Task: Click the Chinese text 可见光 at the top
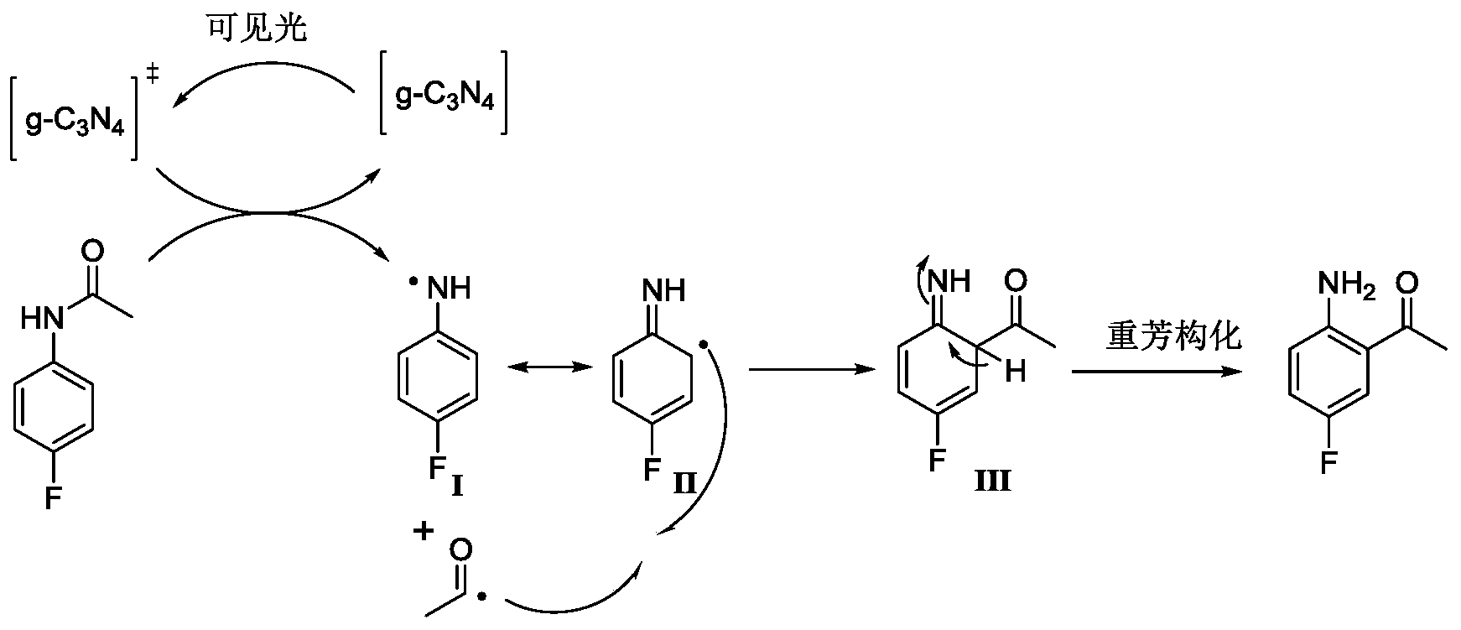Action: [x=257, y=29]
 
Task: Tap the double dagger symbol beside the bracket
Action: [x=153, y=75]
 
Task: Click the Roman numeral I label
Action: [x=457, y=486]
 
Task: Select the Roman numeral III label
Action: [x=993, y=482]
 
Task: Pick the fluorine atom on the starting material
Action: [x=53, y=501]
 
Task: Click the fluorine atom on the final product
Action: [x=1328, y=461]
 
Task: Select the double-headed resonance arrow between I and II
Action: [x=545, y=367]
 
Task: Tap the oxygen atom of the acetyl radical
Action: [x=460, y=550]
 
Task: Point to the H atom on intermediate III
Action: [x=1016, y=371]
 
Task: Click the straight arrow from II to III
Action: [x=805, y=368]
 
